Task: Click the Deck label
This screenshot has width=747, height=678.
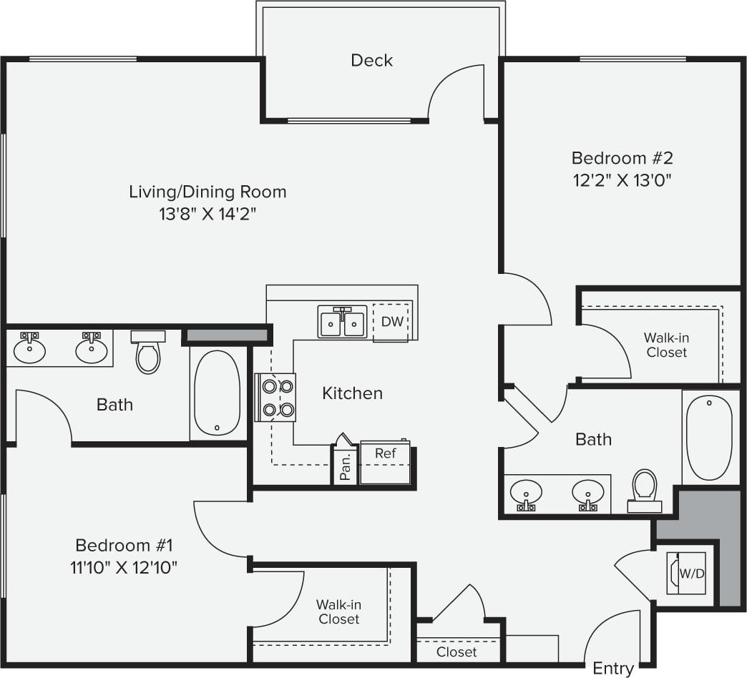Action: (x=371, y=60)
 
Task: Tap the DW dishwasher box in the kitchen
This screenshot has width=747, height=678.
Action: (x=391, y=322)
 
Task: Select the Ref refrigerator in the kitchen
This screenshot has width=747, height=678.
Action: (x=386, y=461)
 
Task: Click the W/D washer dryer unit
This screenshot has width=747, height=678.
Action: (x=687, y=573)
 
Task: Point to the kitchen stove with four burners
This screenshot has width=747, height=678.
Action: (x=277, y=398)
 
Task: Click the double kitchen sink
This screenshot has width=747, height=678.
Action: (x=342, y=322)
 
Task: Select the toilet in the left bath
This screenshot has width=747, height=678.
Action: (x=148, y=352)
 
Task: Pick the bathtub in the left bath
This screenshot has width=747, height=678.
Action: (x=217, y=393)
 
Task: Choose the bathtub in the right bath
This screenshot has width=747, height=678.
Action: (x=709, y=436)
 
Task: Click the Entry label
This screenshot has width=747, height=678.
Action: (x=613, y=669)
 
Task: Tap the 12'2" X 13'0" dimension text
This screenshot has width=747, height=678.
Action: (x=622, y=180)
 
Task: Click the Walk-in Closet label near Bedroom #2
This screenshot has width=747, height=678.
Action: (x=666, y=345)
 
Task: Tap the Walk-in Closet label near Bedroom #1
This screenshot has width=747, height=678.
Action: (x=338, y=612)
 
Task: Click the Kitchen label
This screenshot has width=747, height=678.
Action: (x=352, y=393)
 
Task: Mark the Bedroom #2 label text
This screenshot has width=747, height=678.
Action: (x=622, y=158)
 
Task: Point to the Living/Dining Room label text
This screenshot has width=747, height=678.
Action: (x=207, y=192)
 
